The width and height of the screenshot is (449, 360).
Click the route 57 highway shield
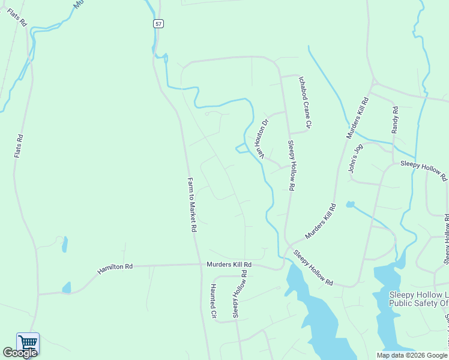(157, 23)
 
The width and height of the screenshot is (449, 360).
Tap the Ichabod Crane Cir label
(305, 102)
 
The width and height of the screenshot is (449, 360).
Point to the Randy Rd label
(395, 120)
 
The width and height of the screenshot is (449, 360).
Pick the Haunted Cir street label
(213, 300)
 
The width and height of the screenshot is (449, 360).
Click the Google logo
(20, 353)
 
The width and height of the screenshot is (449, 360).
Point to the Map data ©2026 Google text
(412, 355)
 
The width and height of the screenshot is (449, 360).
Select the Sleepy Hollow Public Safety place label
(419, 299)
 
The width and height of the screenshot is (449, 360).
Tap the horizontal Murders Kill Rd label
(229, 264)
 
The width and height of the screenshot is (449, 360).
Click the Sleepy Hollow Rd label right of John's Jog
(424, 170)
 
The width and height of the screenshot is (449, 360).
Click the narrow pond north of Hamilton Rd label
(64, 244)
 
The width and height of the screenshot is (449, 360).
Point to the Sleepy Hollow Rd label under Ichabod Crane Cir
(291, 166)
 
